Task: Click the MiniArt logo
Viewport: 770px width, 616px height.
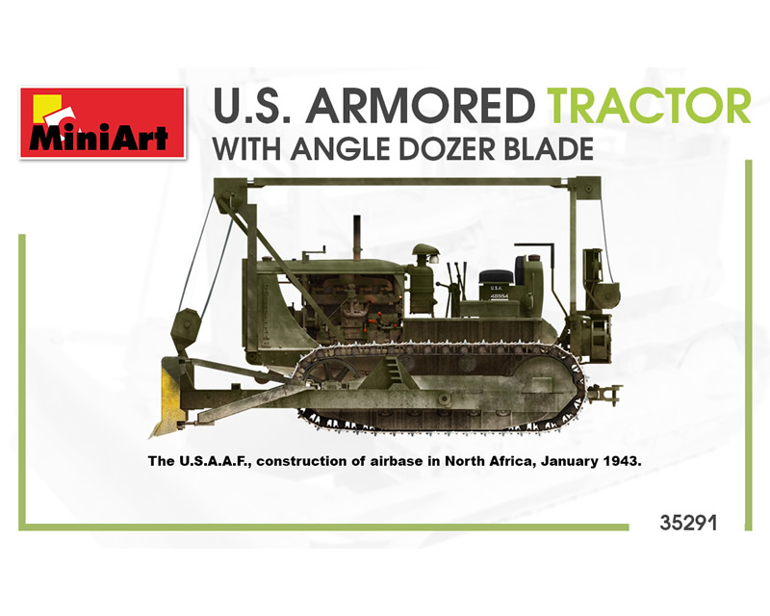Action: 103,123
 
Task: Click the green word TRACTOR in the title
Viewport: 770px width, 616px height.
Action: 651,106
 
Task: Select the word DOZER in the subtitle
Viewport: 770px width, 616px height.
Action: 442,149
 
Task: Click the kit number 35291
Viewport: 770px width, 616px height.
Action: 688,524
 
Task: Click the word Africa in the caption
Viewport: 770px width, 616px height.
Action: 511,461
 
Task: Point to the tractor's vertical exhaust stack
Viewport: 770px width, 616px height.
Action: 357,237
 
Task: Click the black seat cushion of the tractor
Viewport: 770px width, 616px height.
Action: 496,277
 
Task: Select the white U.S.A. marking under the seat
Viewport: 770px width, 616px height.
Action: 497,288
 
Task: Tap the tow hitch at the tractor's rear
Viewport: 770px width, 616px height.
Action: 606,394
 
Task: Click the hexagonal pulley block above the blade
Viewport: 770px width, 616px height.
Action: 186,328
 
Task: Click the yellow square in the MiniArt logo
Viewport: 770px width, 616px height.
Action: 45,107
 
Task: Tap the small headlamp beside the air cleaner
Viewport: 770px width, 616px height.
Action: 434,258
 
